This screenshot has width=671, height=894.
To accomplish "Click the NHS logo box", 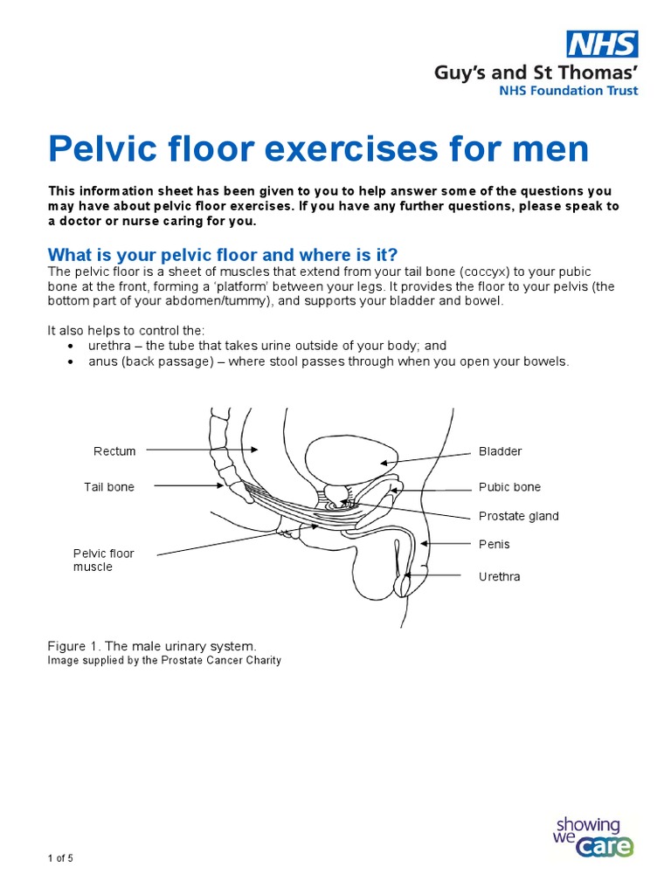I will pyautogui.click(x=602, y=44).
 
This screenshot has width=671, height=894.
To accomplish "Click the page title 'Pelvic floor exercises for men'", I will pyautogui.click(x=318, y=150).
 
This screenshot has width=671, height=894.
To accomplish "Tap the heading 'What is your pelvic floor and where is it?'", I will pyautogui.click(x=222, y=254).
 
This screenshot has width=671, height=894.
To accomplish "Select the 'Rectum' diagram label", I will pyautogui.click(x=114, y=451).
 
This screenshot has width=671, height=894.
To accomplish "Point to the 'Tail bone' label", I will pyautogui.click(x=109, y=487).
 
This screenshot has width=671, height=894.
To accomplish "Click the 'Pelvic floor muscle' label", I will pyautogui.click(x=103, y=560).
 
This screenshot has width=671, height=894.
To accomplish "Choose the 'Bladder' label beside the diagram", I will pyautogui.click(x=500, y=451).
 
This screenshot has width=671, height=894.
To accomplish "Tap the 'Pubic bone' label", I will pyautogui.click(x=509, y=487).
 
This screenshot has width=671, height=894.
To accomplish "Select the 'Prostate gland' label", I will pyautogui.click(x=518, y=516).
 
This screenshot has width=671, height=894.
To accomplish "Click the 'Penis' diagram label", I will pyautogui.click(x=494, y=544).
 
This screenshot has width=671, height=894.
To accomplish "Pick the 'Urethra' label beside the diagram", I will pyautogui.click(x=499, y=577).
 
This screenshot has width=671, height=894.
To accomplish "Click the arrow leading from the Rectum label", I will pyautogui.click(x=202, y=450).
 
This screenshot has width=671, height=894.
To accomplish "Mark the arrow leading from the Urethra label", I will pyautogui.click(x=436, y=574).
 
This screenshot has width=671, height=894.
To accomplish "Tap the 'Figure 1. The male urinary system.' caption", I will pyautogui.click(x=152, y=646).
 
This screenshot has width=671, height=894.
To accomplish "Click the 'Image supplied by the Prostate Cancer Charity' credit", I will pyautogui.click(x=164, y=661).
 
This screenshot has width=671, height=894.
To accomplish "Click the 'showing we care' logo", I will pyautogui.click(x=593, y=836).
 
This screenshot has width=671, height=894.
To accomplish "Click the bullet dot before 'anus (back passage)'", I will pyautogui.click(x=71, y=361).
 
